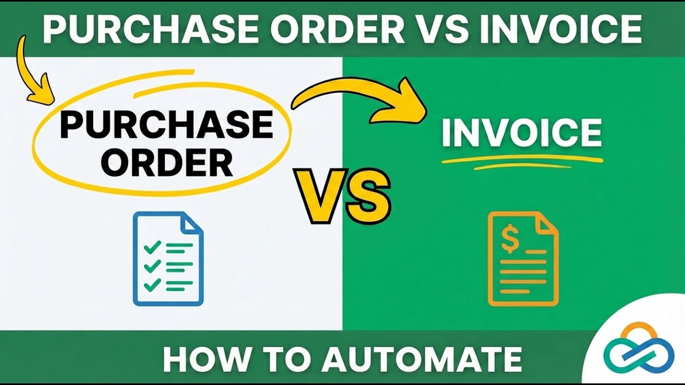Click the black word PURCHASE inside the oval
point(166,125)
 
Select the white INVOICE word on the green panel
point(522,133)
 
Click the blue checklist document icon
point(168,259)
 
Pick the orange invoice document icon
point(523,259)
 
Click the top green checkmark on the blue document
point(153,247)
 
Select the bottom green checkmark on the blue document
point(153,284)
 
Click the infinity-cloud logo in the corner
point(639,350)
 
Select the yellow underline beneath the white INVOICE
point(522,159)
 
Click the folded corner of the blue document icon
point(194,221)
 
